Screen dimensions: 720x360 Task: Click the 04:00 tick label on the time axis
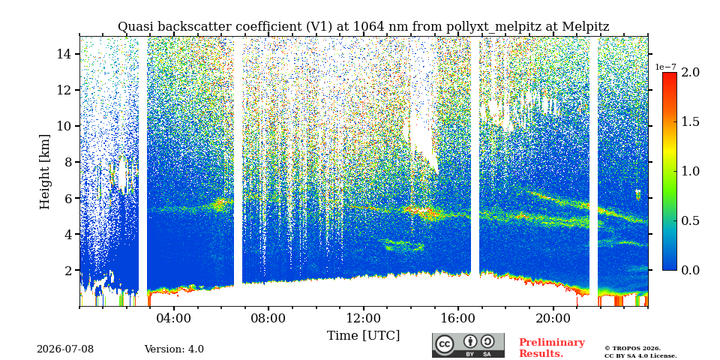pos(174,318)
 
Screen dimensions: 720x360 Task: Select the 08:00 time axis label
pos(268,318)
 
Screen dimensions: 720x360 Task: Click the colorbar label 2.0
pos(690,73)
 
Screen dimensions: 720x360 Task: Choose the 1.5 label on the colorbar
pos(690,122)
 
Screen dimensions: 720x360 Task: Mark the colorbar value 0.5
pos(690,220)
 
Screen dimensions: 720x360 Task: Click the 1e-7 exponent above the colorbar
pos(665,67)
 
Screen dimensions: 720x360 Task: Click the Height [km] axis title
pos(44,172)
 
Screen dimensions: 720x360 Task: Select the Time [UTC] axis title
pos(363,336)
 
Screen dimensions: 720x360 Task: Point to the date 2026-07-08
pos(65,349)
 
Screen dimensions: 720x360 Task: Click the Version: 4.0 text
pos(174,349)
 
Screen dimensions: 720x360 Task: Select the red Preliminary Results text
pos(552,348)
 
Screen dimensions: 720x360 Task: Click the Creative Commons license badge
pos(468,345)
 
